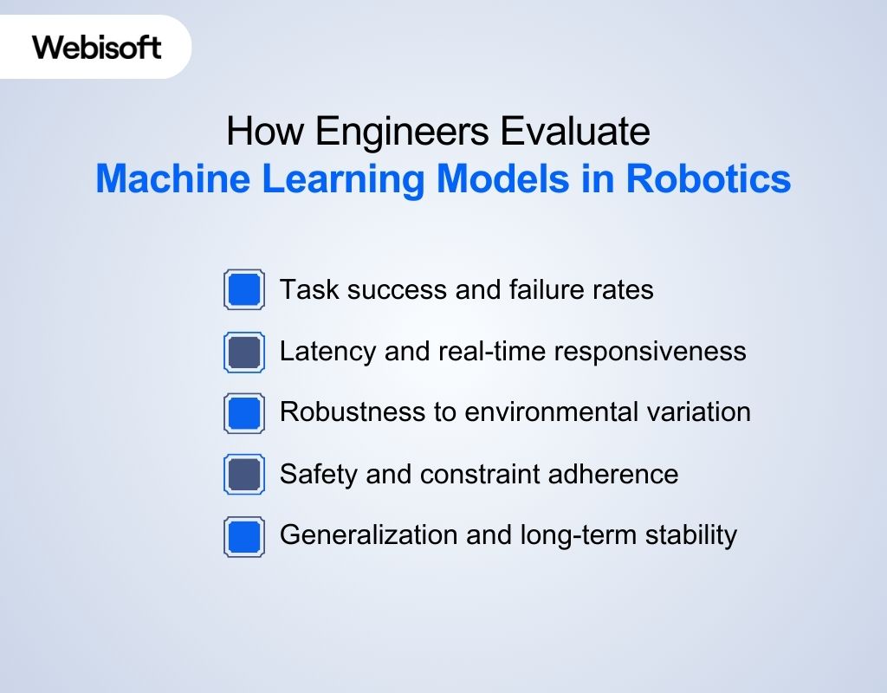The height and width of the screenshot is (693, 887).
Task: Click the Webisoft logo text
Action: [x=97, y=47]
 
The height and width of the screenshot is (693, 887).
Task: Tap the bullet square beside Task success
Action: [x=244, y=289]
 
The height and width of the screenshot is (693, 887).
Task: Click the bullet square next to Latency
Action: [x=244, y=352]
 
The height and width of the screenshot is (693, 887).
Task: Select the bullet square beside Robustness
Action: [x=244, y=413]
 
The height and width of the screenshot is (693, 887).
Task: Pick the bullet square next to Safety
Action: [x=244, y=475]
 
